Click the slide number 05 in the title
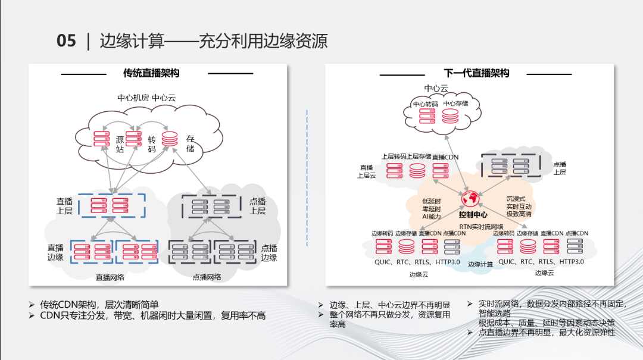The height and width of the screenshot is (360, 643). click(66, 41)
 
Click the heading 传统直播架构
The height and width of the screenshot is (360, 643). click(151, 73)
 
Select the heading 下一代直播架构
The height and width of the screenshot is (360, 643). click(476, 73)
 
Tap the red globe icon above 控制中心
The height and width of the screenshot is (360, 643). click(470, 198)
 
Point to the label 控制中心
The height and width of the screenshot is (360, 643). click(473, 214)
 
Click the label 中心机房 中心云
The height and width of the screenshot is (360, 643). click(146, 98)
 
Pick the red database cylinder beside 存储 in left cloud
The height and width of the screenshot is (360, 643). click(170, 139)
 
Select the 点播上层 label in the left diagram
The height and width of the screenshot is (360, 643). click(257, 206)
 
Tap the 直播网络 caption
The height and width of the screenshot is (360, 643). click(110, 277)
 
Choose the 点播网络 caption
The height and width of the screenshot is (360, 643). click(207, 277)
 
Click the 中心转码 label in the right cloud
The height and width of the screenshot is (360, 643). click(426, 104)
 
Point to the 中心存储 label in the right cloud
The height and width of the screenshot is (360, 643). click(455, 104)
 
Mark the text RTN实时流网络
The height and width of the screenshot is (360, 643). click(482, 227)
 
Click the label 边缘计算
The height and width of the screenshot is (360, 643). click(480, 264)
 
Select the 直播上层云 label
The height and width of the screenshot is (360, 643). click(367, 171)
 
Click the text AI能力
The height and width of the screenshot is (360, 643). click(431, 217)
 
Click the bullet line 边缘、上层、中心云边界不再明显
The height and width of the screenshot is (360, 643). click(390, 305)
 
